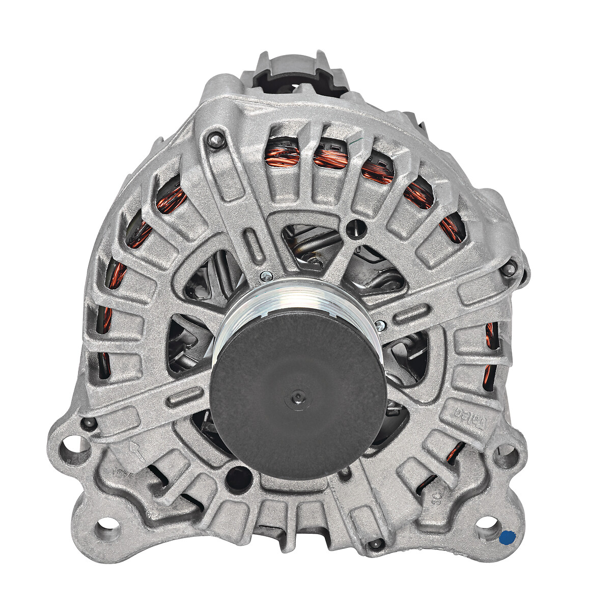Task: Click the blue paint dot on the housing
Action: (507, 537)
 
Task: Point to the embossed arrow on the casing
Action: (134, 451)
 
